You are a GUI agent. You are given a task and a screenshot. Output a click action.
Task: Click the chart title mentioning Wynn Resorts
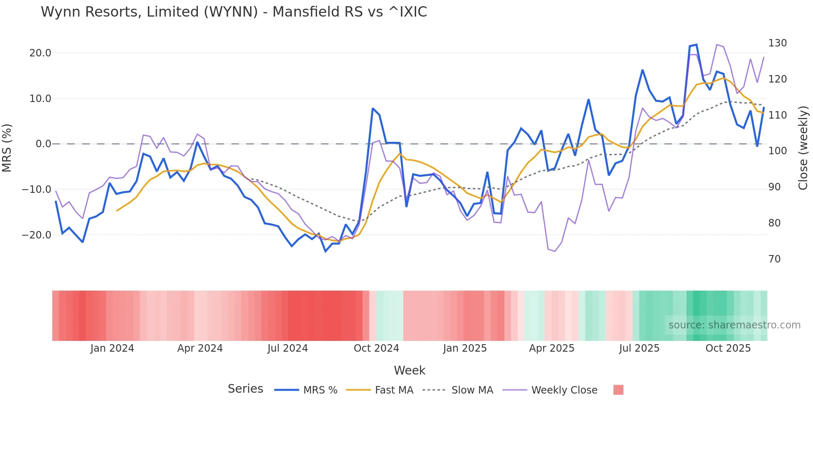tap(234, 12)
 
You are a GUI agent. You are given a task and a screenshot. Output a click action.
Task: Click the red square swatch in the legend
tap(618, 390)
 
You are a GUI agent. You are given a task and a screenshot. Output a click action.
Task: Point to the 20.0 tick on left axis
tap(40, 53)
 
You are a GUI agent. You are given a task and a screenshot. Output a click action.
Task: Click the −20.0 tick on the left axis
tap(37, 235)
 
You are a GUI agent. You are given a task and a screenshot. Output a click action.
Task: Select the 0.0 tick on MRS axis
tap(43, 144)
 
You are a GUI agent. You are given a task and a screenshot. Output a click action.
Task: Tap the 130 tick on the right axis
tap(777, 43)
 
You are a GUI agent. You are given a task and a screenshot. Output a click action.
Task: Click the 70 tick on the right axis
tap(774, 259)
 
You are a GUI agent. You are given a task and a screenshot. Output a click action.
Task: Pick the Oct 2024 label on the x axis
tap(376, 348)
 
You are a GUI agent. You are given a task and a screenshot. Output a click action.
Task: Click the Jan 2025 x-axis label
tap(465, 348)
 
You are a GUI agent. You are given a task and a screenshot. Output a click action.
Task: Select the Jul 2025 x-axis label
tap(639, 348)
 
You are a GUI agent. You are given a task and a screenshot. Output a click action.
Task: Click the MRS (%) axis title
tap(7, 148)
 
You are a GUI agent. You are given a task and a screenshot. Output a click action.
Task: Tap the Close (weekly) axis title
tap(803, 148)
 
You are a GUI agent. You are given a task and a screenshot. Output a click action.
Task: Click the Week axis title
tap(409, 370)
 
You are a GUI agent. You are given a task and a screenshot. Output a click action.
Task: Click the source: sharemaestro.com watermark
tap(734, 325)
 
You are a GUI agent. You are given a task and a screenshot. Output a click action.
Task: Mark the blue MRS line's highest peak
tap(696, 44)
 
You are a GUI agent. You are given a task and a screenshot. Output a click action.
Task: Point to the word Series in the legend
tap(245, 389)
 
